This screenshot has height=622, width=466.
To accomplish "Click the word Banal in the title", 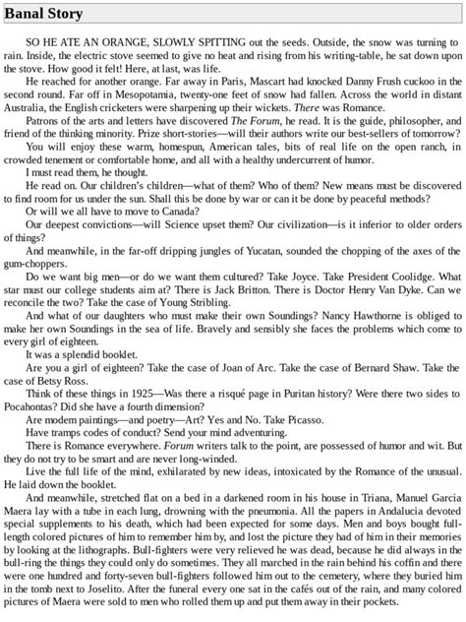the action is point(27,14).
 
